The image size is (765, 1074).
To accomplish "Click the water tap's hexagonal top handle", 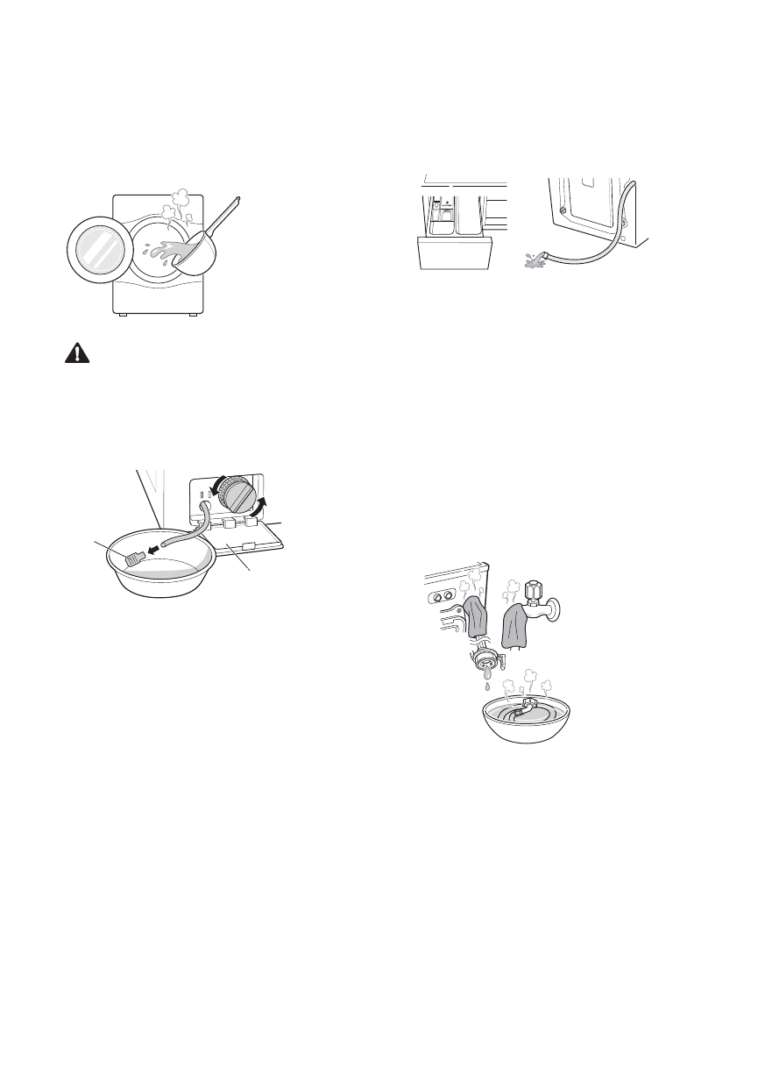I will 535,587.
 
